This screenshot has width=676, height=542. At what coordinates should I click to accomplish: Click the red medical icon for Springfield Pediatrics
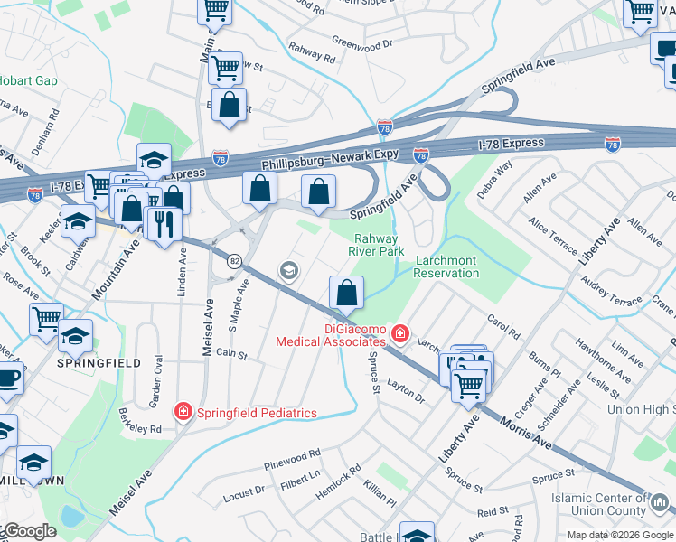[x=183, y=412]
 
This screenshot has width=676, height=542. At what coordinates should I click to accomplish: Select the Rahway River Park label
[x=376, y=245]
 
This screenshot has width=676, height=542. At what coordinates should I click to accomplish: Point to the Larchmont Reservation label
[x=446, y=266]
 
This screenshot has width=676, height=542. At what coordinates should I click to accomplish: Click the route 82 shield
[x=235, y=260]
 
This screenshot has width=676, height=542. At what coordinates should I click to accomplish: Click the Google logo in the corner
[x=29, y=532]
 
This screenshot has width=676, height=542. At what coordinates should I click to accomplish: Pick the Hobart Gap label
[x=29, y=80]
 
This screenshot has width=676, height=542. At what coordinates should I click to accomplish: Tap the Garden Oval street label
[x=156, y=379]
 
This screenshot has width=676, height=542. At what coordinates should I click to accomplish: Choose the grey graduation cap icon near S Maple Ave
[x=289, y=270]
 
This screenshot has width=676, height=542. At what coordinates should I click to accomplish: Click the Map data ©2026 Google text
[x=619, y=535]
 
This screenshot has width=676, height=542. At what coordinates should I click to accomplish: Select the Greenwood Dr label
[x=362, y=42]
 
